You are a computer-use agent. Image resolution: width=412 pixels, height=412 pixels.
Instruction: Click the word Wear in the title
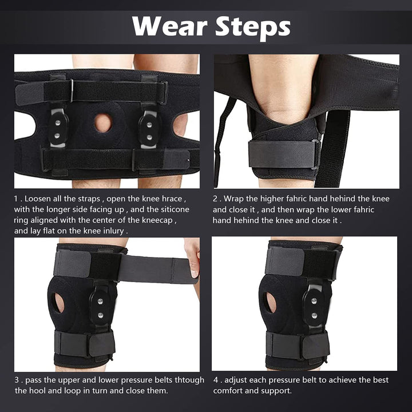click(x=169, y=26)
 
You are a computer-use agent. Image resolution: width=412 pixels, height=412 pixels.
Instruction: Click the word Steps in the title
click(x=253, y=27)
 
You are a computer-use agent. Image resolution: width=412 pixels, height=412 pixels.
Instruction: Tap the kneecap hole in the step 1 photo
click(x=103, y=122)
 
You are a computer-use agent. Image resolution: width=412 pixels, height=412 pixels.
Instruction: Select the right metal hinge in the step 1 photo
click(x=149, y=129)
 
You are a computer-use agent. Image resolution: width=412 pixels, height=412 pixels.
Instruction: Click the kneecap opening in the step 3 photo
click(x=59, y=303)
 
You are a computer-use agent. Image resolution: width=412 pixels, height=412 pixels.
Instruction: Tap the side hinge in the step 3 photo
click(x=100, y=307)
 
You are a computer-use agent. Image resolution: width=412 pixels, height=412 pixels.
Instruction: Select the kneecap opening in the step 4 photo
click(x=271, y=303)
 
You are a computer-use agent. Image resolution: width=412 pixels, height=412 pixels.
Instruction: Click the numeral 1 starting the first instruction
click(x=16, y=199)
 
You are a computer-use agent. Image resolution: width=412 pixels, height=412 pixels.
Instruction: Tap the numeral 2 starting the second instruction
click(x=215, y=199)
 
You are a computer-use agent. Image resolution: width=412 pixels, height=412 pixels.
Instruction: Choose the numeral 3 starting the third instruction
click(x=17, y=380)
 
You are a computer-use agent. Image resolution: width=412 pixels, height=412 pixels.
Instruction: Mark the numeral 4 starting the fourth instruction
click(x=216, y=380)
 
